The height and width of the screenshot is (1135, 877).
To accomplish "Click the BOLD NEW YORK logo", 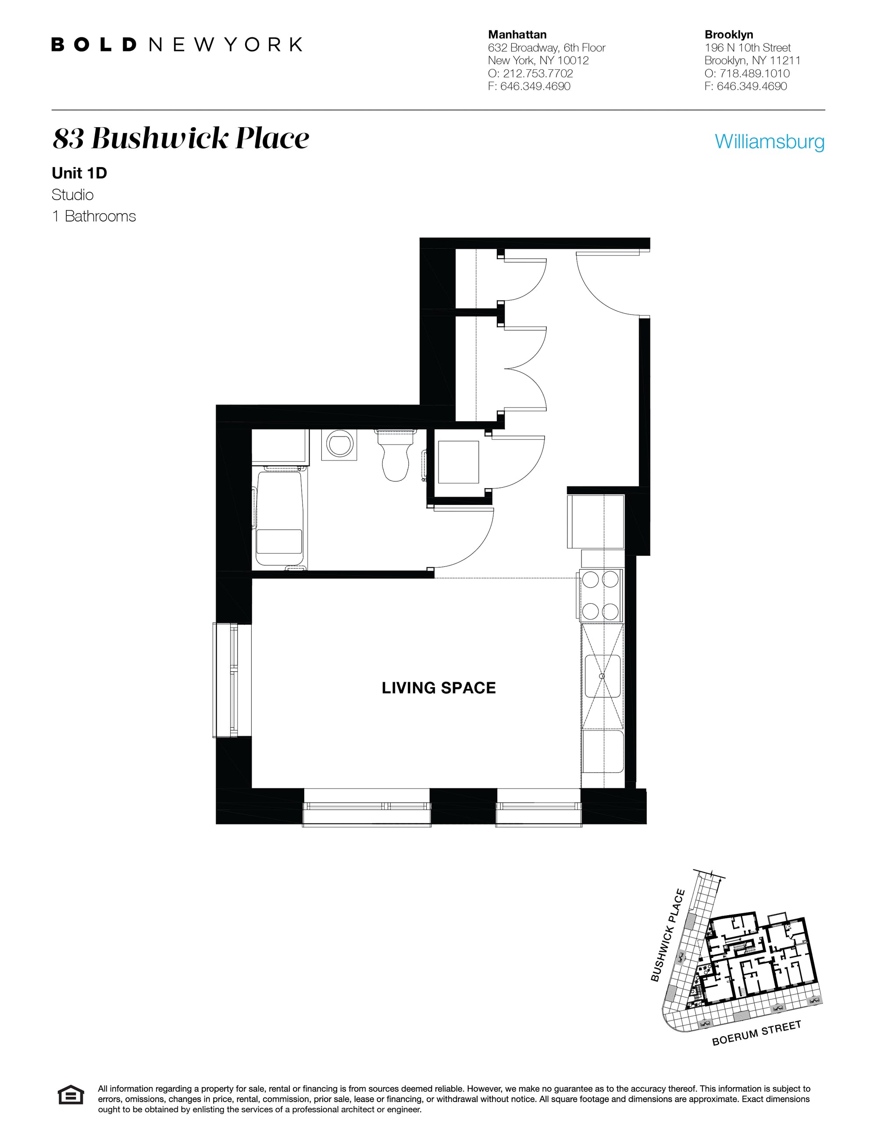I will pos(177,45).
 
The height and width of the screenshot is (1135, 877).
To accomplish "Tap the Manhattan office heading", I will pos(517,35).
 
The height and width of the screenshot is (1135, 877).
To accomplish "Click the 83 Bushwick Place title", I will pos(181,139).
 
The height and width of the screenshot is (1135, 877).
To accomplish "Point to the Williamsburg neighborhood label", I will pos(769,141).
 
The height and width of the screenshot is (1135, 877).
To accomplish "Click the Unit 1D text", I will pos(79,173).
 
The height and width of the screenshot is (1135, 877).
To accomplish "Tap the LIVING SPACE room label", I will pos(438,687).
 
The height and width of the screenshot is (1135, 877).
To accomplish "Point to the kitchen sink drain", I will pos(602,676).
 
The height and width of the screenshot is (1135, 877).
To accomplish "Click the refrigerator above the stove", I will pos(595,521).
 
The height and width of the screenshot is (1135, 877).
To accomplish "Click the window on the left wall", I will pos(225,680).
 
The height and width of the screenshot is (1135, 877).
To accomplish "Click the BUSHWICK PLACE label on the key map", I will pos(668,935).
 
